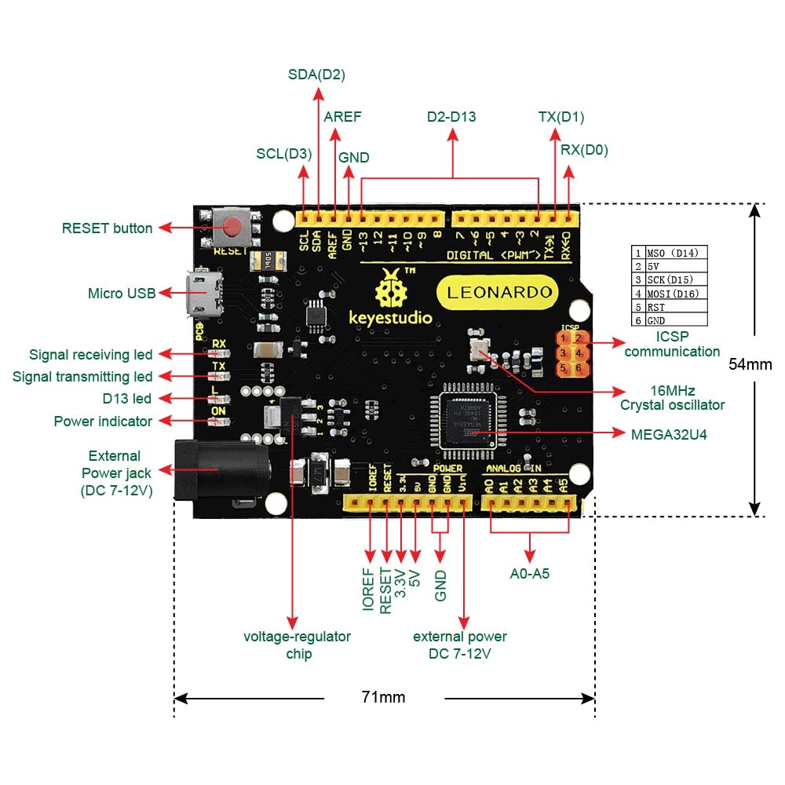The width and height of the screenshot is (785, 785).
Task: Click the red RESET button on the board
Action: (233, 228)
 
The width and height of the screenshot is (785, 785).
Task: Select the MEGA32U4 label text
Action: (669, 433)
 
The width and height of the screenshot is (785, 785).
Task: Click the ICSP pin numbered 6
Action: (579, 367)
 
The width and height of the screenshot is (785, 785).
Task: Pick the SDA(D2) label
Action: (317, 75)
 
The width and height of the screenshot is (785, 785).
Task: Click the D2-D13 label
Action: (451, 117)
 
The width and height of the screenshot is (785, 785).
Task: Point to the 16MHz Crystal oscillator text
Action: (672, 397)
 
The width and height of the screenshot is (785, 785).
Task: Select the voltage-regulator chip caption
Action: (297, 644)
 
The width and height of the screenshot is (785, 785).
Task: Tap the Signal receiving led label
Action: (90, 355)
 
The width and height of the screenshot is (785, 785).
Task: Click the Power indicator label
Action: (103, 422)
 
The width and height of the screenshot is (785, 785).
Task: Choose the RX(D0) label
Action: (584, 150)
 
